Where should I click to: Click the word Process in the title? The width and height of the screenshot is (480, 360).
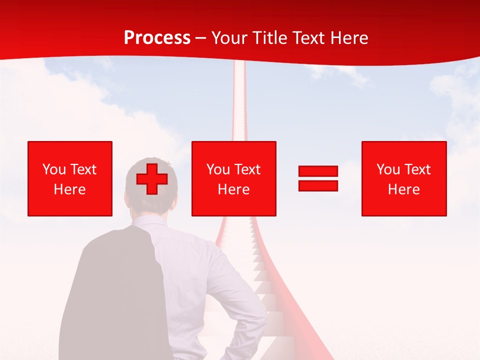click(x=157, y=38)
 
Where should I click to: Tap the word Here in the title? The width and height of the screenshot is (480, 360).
click(x=348, y=38)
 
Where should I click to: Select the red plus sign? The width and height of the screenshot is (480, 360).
click(x=152, y=179)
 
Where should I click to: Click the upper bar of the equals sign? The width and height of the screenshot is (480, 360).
click(x=318, y=171)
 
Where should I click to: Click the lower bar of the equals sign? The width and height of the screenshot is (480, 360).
click(x=318, y=185)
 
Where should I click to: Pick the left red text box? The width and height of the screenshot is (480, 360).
click(x=69, y=178)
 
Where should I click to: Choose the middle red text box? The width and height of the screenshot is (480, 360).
click(x=233, y=178)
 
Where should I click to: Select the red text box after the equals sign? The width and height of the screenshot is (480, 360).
click(x=403, y=178)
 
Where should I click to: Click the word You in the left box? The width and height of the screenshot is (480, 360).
click(x=54, y=169)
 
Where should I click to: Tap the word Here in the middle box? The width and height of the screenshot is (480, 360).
click(x=233, y=189)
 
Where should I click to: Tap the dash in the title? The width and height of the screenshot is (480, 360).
click(x=201, y=38)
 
